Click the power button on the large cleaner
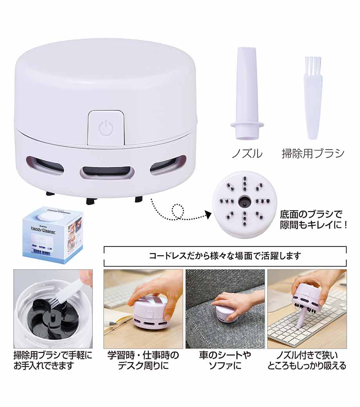tap(106, 128)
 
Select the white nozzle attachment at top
tap(247, 93)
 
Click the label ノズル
tap(247, 154)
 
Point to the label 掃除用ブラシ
tap(313, 154)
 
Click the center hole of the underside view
tap(244, 201)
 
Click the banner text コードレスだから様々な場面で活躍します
tap(225, 256)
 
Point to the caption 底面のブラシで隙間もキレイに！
tap(314, 220)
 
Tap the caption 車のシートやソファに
tap(225, 360)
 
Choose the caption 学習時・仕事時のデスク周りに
tap(143, 360)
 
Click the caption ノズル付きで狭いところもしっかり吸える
tap(307, 360)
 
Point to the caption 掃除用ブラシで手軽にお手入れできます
tap(53, 360)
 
